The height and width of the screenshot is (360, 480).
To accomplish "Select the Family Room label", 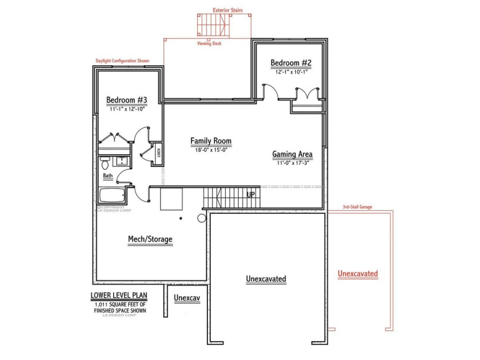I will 211,141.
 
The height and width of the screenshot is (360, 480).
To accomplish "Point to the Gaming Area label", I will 292,154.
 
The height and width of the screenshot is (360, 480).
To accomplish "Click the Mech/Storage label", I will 150,239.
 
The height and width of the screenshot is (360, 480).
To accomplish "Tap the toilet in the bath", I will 105,163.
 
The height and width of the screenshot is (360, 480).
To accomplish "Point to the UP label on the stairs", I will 250,195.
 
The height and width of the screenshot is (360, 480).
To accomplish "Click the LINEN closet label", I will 158,153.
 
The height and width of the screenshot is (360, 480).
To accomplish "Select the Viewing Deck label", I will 209,43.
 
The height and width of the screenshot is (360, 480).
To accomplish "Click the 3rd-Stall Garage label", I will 357,206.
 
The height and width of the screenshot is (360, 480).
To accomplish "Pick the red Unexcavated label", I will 358,274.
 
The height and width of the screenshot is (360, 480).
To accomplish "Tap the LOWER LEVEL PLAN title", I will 117,296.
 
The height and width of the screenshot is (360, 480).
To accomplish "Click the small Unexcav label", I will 187,298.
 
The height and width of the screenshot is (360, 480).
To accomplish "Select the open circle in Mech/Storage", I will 202,218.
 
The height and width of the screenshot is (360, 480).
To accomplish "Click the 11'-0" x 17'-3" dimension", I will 292,163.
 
